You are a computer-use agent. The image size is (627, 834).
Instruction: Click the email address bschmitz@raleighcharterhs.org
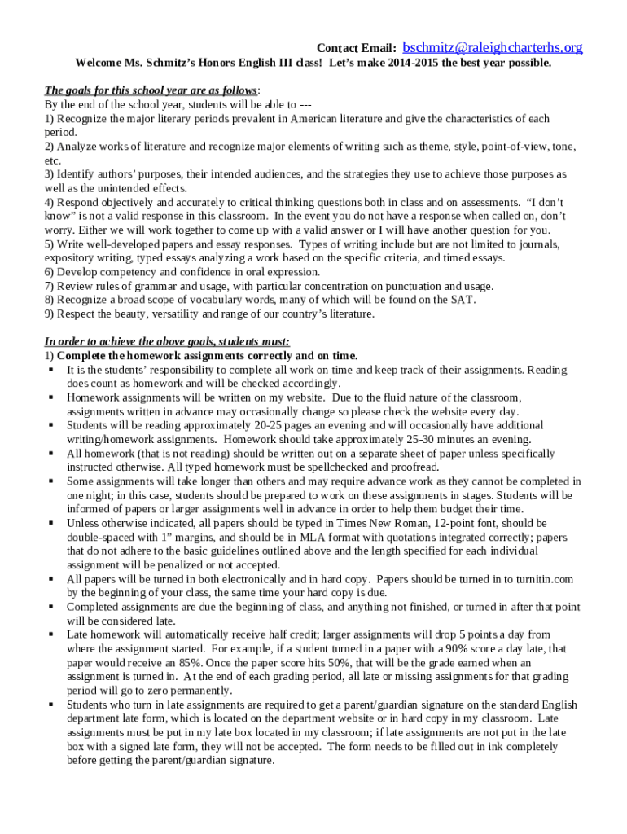pos(493,48)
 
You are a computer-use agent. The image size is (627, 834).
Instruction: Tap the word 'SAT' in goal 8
pos(463,301)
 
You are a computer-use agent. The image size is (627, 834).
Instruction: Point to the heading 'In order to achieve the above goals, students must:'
pos(167,342)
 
